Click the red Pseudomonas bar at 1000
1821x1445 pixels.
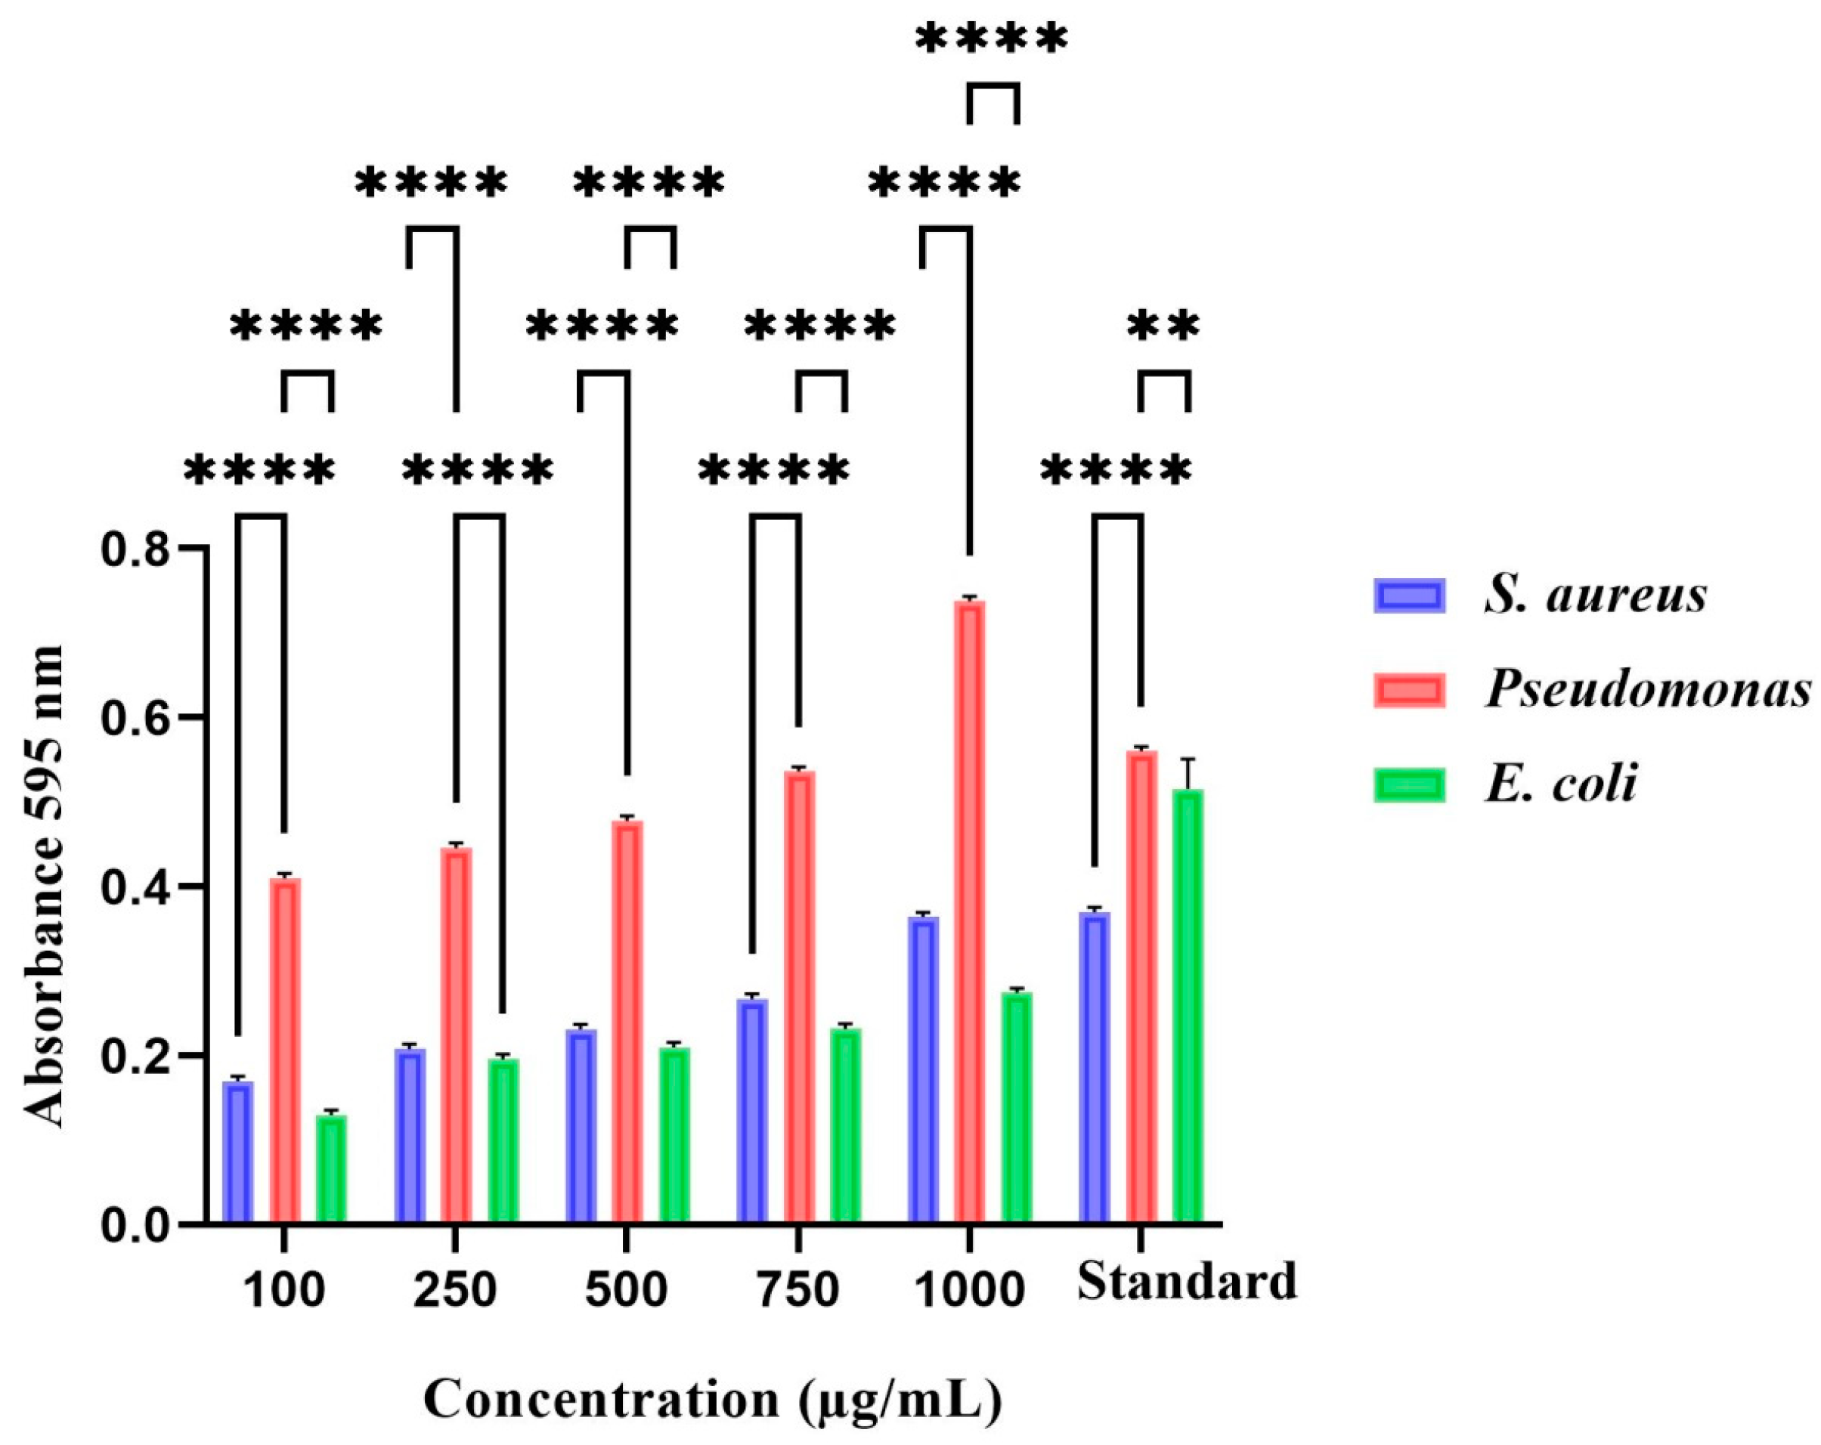pos(970,912)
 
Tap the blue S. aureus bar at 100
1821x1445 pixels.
pos(238,1152)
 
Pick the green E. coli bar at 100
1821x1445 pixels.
pos(331,1170)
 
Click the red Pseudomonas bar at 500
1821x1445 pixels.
pos(627,1022)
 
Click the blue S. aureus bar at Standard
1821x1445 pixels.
pos(1095,1069)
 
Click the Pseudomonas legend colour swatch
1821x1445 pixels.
pos(1409,691)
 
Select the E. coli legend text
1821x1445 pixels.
pos(1562,783)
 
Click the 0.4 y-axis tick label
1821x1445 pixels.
pos(135,887)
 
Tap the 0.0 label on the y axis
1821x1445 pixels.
pos(135,1225)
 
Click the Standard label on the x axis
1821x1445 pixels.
pos(1187,1282)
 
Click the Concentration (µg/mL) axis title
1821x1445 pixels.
pos(713,1400)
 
